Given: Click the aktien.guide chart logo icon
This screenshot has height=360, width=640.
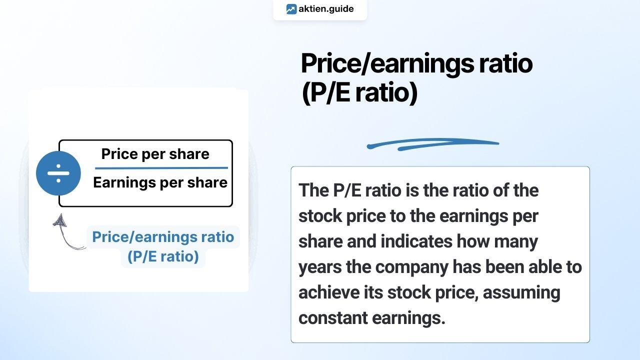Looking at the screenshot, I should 291,9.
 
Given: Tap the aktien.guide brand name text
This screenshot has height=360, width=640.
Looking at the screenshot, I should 326,9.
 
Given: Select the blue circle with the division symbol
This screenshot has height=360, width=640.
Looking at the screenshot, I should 58,173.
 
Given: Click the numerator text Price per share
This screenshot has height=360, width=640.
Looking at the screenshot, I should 155,154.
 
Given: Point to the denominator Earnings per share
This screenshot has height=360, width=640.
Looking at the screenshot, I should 160,182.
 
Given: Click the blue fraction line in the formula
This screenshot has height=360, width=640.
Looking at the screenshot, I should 161,168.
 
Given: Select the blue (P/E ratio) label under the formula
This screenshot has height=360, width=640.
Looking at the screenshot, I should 163,256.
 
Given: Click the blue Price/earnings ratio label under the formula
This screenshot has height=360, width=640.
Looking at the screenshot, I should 163,236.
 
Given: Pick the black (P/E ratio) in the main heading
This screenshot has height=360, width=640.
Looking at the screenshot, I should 359,93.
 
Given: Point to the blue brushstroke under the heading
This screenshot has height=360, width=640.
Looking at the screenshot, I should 432,144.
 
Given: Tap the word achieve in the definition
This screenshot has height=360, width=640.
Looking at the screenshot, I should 328,292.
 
